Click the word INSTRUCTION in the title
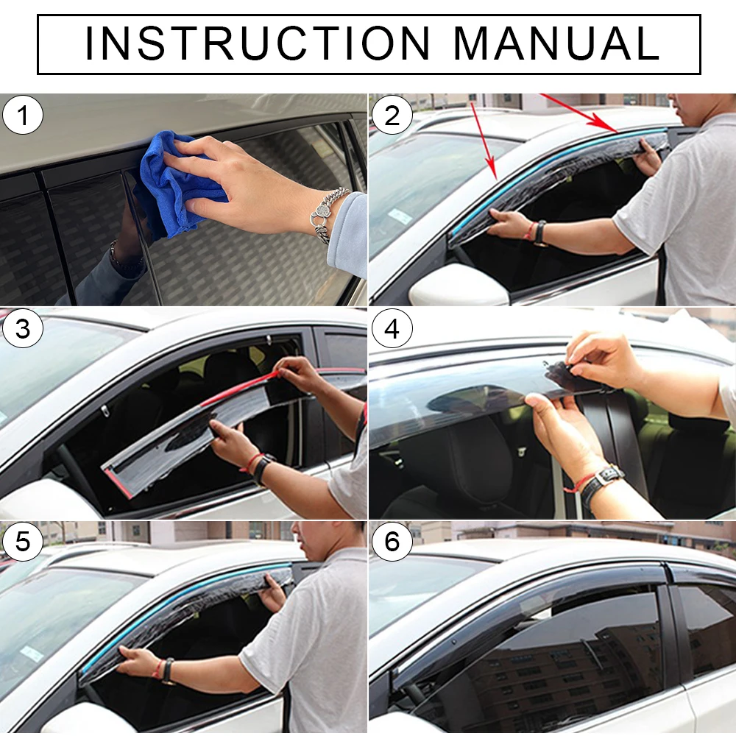click(x=257, y=43)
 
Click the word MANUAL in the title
click(x=556, y=43)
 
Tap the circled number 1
click(x=23, y=115)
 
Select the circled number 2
click(x=392, y=116)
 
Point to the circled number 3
click(x=23, y=328)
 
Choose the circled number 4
click(x=392, y=328)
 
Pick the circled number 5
click(x=23, y=541)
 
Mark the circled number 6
click(x=392, y=541)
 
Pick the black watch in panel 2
click(x=541, y=233)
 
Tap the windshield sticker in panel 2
click(x=400, y=216)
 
